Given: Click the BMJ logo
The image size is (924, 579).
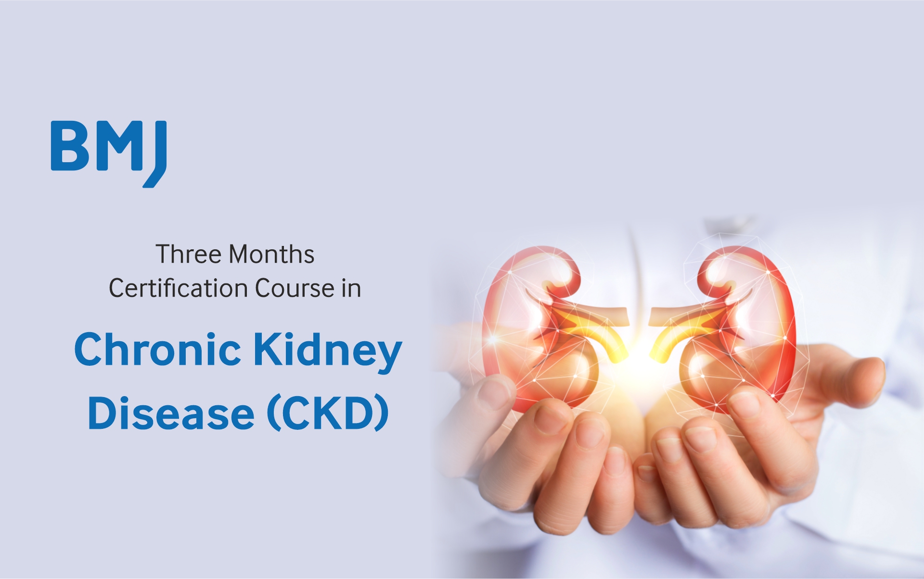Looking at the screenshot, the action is pyautogui.click(x=109, y=153).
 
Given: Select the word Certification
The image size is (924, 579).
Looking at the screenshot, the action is pyautogui.click(x=179, y=288).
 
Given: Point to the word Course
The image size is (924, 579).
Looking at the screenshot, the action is pyautogui.click(x=295, y=288).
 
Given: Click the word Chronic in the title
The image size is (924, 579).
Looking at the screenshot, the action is pyautogui.click(x=157, y=348).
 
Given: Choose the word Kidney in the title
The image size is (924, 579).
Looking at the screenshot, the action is pyautogui.click(x=328, y=351).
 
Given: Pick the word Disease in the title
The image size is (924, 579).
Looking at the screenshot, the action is pyautogui.click(x=171, y=412).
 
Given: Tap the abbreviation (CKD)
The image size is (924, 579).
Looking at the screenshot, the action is pyautogui.click(x=328, y=413).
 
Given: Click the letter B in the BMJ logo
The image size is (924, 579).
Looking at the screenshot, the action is pyautogui.click(x=71, y=146).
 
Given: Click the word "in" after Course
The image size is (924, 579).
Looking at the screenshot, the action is pyautogui.click(x=351, y=289).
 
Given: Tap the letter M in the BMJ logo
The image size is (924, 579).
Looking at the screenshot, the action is pyautogui.click(x=118, y=146).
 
